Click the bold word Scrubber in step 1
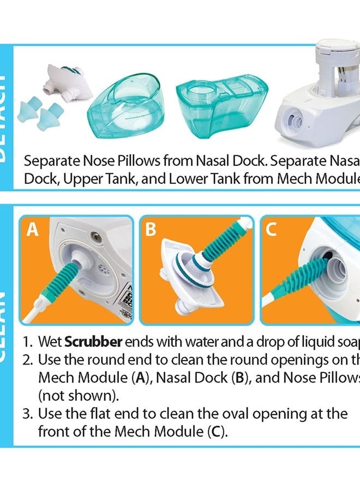[x=93, y=343]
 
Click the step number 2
[x=27, y=361]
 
